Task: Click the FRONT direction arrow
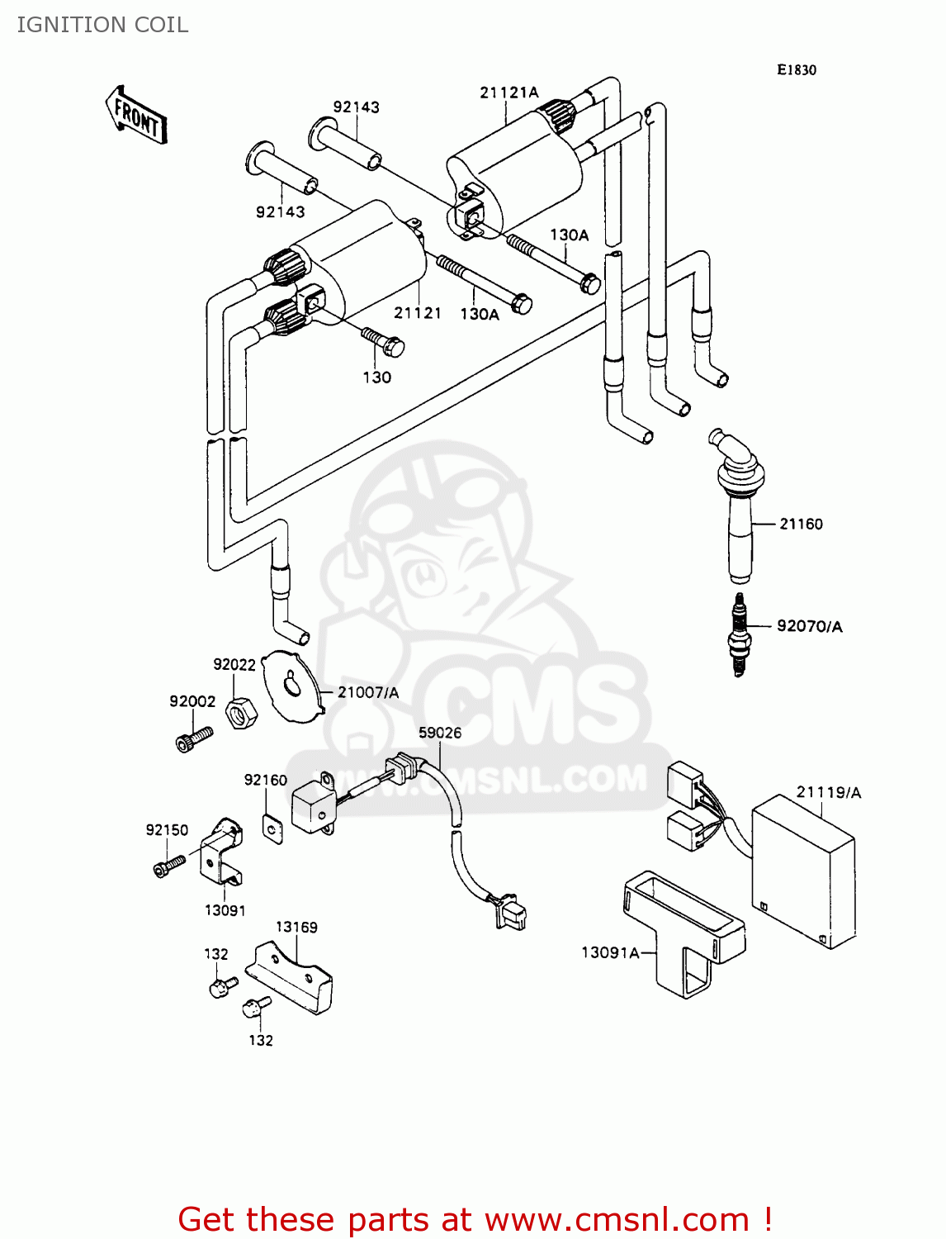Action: point(136,116)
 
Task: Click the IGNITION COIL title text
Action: point(102,25)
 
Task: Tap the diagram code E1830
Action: point(796,70)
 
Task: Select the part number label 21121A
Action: point(508,93)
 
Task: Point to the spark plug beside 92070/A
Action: point(739,634)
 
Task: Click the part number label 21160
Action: point(801,524)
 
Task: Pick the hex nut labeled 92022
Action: point(241,712)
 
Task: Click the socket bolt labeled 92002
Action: point(194,738)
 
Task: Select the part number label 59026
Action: point(440,733)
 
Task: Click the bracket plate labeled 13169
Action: point(292,978)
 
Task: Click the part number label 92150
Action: point(167,830)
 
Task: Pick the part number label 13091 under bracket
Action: point(225,910)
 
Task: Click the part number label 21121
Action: point(417,313)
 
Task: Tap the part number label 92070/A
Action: point(809,626)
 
